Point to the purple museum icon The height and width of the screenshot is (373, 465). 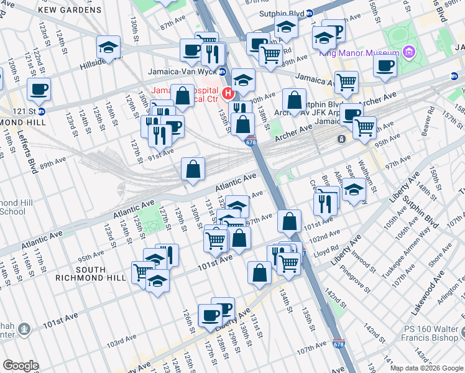pos(408,51)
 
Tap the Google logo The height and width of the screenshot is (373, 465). pos(21,366)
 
